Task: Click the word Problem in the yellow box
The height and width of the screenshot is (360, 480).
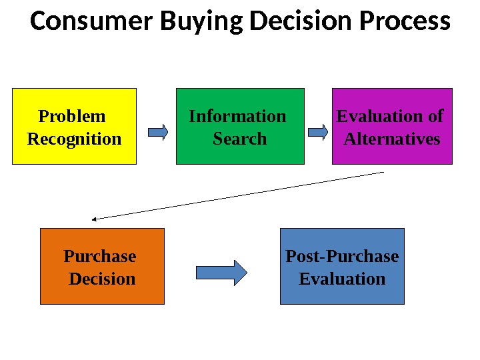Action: (72, 117)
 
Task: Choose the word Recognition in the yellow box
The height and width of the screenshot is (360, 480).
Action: (74, 139)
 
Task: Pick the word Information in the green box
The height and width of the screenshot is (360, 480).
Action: (237, 117)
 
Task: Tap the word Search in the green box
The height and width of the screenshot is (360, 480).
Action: (239, 139)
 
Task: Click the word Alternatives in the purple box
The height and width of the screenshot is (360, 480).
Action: (392, 139)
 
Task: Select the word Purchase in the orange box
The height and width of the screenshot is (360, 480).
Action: (99, 257)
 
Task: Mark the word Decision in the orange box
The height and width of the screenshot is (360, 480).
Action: (102, 279)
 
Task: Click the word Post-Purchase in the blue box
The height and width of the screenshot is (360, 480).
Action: (342, 257)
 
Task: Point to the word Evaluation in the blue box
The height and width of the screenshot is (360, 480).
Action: (342, 279)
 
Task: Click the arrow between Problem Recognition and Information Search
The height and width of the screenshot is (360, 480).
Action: (157, 132)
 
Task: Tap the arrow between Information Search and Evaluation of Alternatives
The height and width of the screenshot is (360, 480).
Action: (318, 132)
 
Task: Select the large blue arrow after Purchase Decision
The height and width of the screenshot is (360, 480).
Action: (221, 272)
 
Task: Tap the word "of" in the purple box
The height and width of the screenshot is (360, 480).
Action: (436, 117)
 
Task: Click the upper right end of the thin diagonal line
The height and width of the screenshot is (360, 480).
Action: (383, 173)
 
